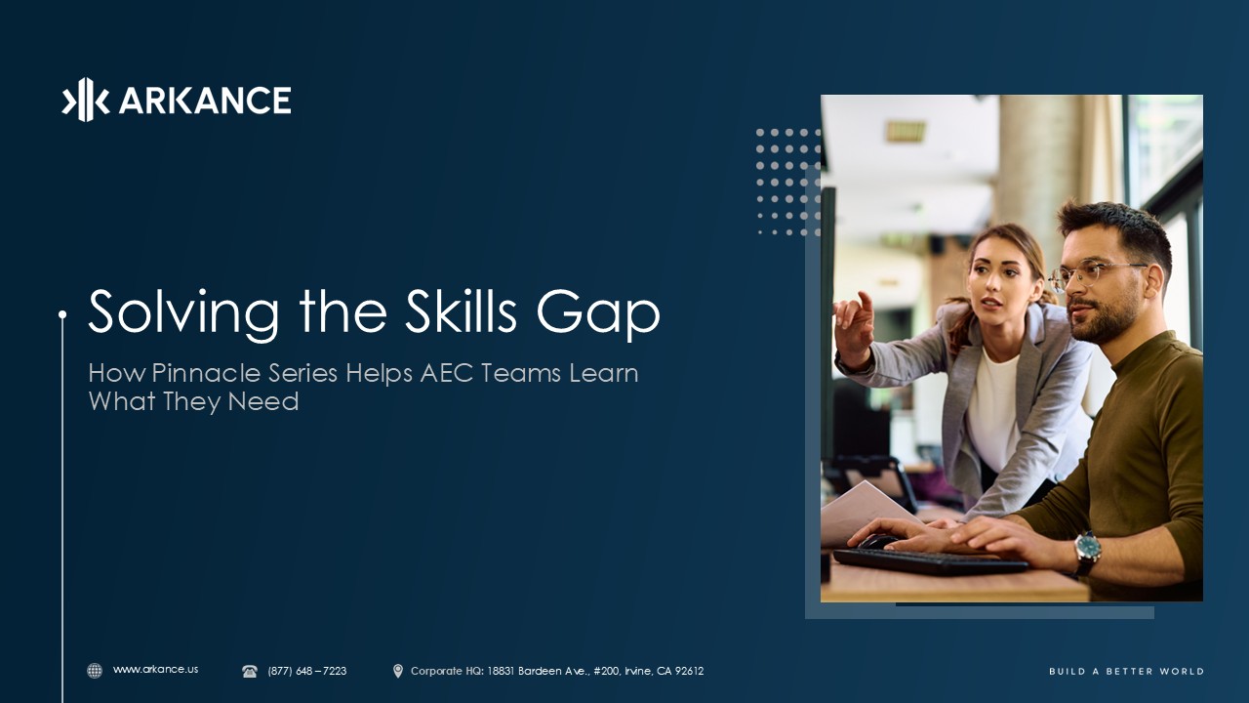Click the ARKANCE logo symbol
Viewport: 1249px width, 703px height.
click(x=85, y=100)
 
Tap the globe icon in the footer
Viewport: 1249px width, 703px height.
click(x=95, y=671)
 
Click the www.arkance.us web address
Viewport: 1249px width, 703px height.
click(x=155, y=670)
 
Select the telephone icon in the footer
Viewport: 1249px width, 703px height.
click(x=250, y=671)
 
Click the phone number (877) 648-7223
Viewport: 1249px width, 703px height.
click(x=306, y=671)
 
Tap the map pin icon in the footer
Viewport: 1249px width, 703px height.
click(x=397, y=671)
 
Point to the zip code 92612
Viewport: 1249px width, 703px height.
click(x=689, y=671)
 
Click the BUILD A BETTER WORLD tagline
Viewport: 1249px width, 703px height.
click(x=1126, y=671)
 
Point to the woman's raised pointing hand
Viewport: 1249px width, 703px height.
click(x=853, y=328)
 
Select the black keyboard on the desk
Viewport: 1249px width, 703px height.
click(x=927, y=560)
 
